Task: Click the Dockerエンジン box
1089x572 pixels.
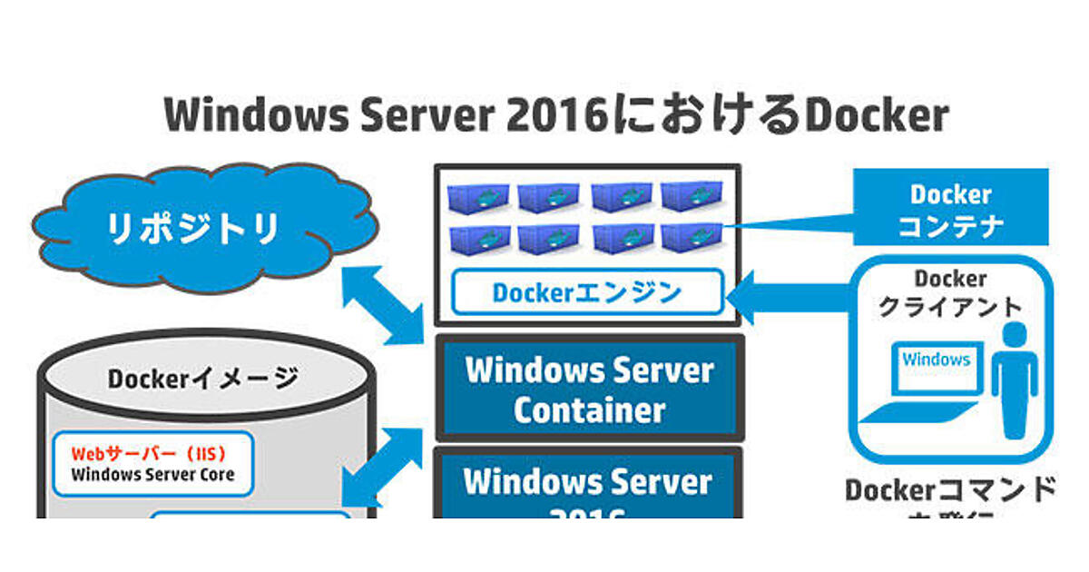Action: (586, 292)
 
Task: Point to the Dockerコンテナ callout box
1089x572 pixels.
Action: (950, 210)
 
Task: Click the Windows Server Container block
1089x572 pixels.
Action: (590, 390)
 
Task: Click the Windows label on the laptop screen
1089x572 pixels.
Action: (936, 360)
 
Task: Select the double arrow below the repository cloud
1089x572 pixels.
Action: (384, 303)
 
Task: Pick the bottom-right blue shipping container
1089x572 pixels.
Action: (692, 239)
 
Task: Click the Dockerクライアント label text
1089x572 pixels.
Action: (949, 293)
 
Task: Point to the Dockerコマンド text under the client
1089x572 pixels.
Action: (950, 490)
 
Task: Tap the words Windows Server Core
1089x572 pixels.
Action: (152, 475)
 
